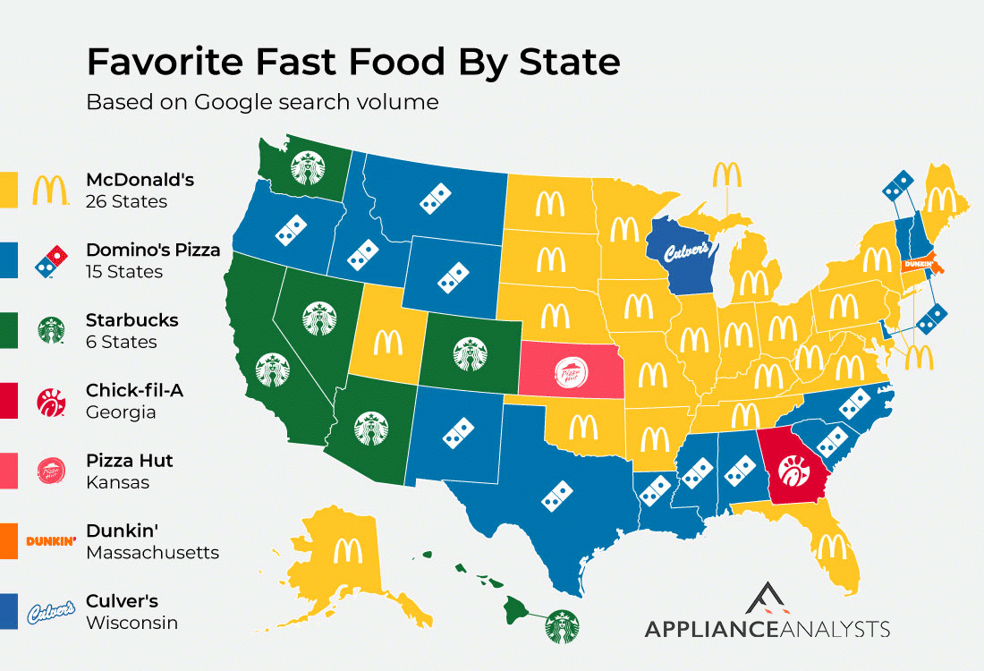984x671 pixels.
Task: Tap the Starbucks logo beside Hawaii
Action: [x=563, y=625]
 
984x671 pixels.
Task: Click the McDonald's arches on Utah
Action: [x=388, y=342]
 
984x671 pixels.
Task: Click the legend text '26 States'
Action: [x=126, y=201]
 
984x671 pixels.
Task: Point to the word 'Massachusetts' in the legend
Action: [x=152, y=552]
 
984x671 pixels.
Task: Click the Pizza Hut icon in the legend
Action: [x=51, y=471]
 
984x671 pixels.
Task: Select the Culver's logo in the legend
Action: [x=51, y=612]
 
